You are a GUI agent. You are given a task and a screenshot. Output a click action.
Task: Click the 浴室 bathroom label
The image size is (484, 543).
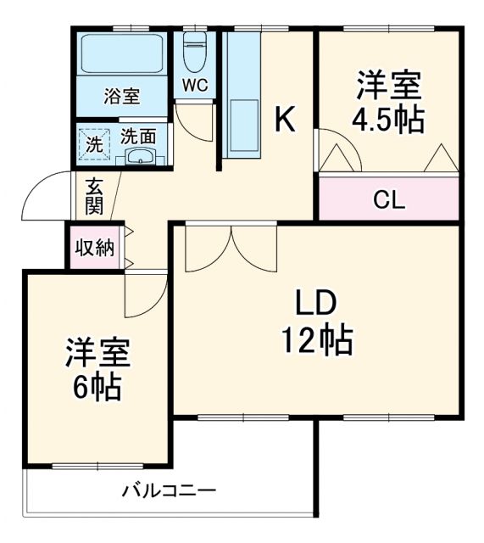[x=122, y=95]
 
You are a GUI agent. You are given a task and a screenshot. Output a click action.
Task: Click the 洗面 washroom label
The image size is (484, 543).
[x=137, y=135]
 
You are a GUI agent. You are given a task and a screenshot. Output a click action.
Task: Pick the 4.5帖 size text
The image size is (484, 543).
[x=389, y=120]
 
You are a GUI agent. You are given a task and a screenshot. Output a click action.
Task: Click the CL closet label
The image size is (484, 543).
[x=389, y=200]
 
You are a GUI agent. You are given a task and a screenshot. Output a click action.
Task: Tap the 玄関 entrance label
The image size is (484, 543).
[x=93, y=198]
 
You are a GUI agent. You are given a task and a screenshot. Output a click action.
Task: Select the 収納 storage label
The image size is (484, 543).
[x=94, y=248]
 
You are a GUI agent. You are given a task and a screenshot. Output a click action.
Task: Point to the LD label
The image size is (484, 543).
[x=316, y=302]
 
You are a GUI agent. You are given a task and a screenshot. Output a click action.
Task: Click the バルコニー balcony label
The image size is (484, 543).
[x=169, y=490]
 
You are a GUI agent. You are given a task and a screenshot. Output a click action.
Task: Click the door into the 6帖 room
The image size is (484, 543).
[x=144, y=293]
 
